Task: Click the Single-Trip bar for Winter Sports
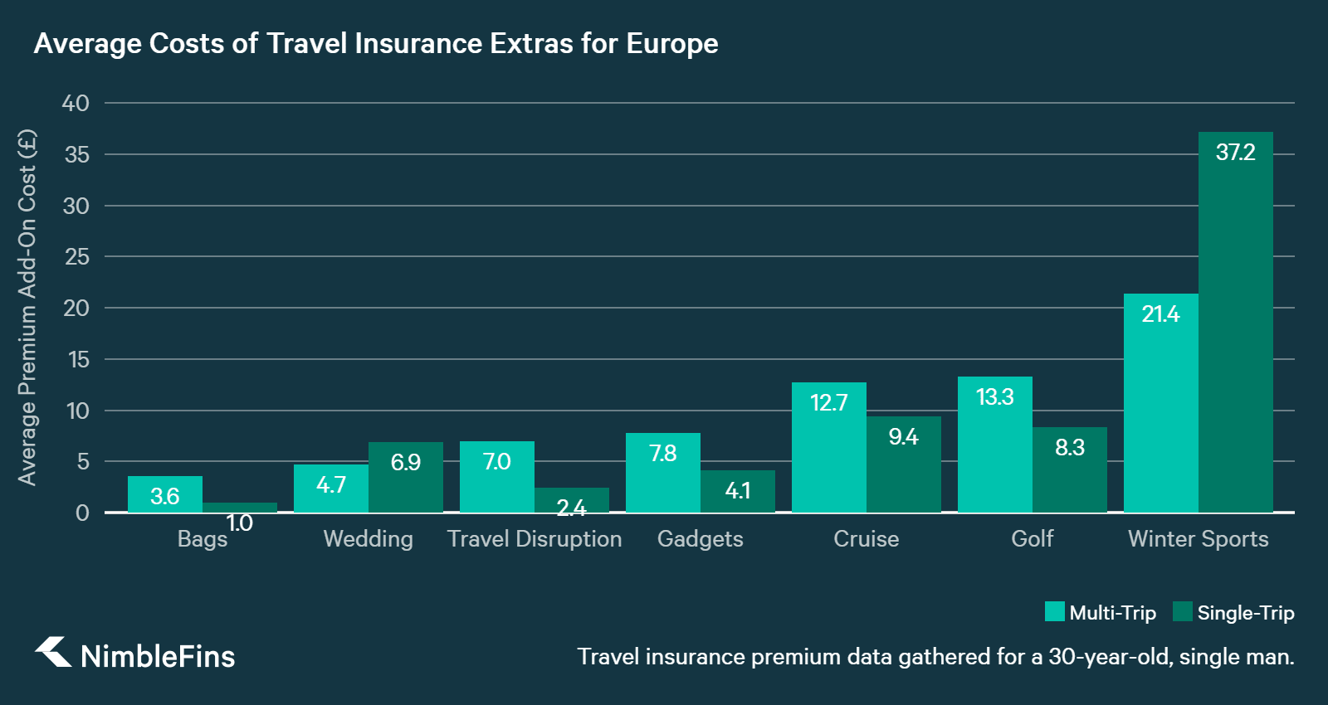pyautogui.click(x=1235, y=332)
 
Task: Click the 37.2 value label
pyautogui.click(x=1235, y=153)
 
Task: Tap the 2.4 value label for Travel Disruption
pyautogui.click(x=571, y=507)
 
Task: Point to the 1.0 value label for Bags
pyautogui.click(x=239, y=523)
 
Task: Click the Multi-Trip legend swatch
pyautogui.click(x=1054, y=612)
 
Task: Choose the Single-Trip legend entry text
pyautogui.click(x=1245, y=613)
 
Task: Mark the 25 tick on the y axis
pyautogui.click(x=76, y=257)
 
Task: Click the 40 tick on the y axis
pyautogui.click(x=76, y=104)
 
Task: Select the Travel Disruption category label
pyautogui.click(x=534, y=539)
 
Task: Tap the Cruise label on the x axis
pyautogui.click(x=866, y=539)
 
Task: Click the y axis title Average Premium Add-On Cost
pyautogui.click(x=27, y=307)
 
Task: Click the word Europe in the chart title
pyautogui.click(x=671, y=43)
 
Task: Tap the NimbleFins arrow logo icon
pyautogui.click(x=53, y=652)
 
